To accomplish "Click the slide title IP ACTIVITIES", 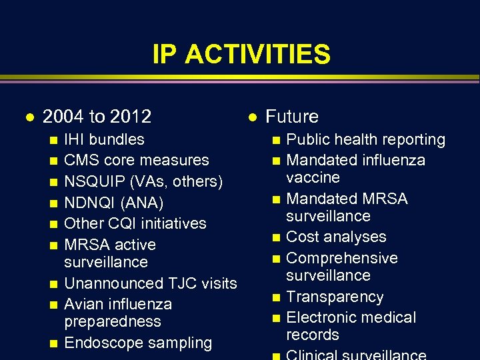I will click(241, 54).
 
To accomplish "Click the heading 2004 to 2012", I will click(97, 117).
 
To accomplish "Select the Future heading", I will click(291, 117).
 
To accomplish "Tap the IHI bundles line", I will click(104, 139).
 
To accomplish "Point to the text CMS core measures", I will click(136, 160).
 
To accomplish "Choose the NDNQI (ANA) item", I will click(113, 202).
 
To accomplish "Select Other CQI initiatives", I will click(135, 223).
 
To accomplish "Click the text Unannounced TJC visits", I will click(150, 283).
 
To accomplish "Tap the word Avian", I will click(83, 304).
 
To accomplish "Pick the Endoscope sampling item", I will click(137, 343).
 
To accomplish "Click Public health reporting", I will click(365, 139).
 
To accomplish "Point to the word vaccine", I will click(313, 177).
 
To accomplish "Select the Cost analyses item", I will click(336, 237).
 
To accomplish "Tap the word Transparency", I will click(334, 297).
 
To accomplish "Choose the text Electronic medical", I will click(351, 317).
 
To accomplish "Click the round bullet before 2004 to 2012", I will click(27, 117).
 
